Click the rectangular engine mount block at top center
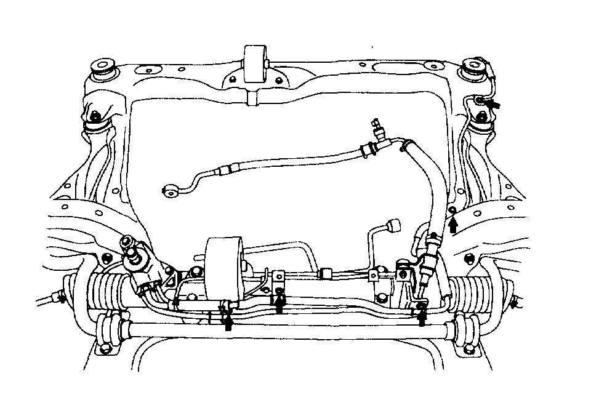[x=254, y=62]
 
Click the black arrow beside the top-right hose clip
[x=492, y=104]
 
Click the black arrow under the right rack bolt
[x=422, y=316]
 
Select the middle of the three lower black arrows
[x=280, y=303]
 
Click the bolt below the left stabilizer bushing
[x=106, y=350]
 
